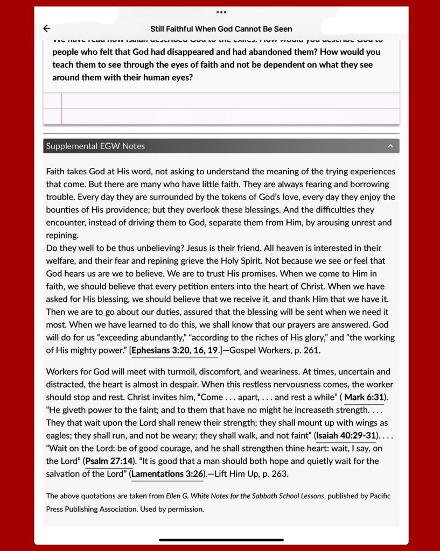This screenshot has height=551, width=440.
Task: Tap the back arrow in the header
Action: point(47,29)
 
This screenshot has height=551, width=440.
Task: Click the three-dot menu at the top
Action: point(221,12)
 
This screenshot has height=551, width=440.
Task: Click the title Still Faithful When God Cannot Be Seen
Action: point(221,29)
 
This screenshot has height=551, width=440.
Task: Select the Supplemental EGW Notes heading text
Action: point(95,146)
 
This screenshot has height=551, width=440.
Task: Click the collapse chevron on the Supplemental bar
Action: point(390,146)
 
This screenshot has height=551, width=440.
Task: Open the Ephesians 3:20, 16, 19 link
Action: point(174,350)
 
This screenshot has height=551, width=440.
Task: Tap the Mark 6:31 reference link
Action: point(364,397)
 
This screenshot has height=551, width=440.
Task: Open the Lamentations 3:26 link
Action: point(167,474)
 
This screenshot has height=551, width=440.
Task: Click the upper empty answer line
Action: point(230,101)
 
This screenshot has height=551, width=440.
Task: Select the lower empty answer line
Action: point(230,116)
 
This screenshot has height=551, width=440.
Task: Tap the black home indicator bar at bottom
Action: point(221,539)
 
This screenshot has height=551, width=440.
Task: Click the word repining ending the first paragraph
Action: point(62,235)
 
